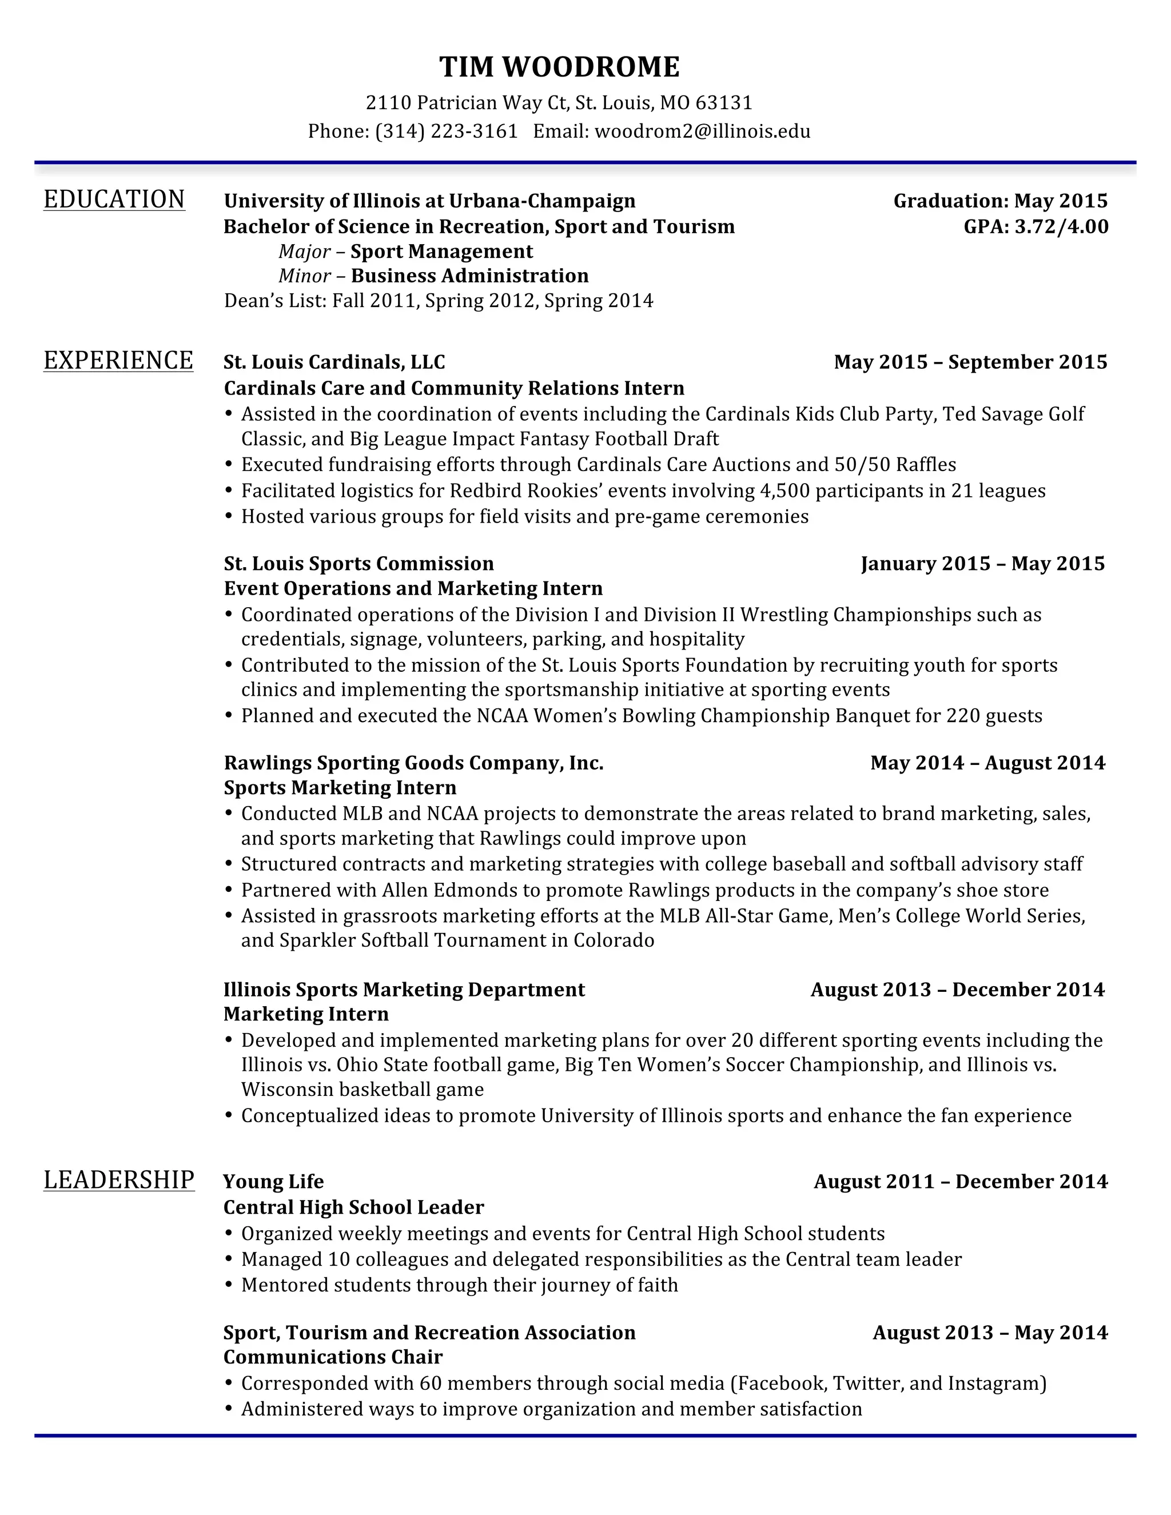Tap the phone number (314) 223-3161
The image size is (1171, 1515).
[447, 131]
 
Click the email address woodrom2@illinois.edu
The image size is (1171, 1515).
[702, 131]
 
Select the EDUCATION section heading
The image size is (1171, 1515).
[114, 200]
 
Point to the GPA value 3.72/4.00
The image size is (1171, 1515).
[1061, 227]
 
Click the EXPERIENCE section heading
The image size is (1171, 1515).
[118, 361]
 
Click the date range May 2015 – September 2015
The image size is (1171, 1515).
[970, 362]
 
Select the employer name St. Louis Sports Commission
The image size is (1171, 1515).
[359, 563]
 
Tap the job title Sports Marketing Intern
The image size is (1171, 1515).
[340, 788]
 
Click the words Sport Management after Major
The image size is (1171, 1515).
[441, 251]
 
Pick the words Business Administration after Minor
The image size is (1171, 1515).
[469, 276]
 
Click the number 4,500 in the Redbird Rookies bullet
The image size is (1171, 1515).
[784, 491]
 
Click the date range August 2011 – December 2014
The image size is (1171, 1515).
[961, 1181]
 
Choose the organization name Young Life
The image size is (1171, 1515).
[273, 1181]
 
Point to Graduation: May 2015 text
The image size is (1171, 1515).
[1001, 201]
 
